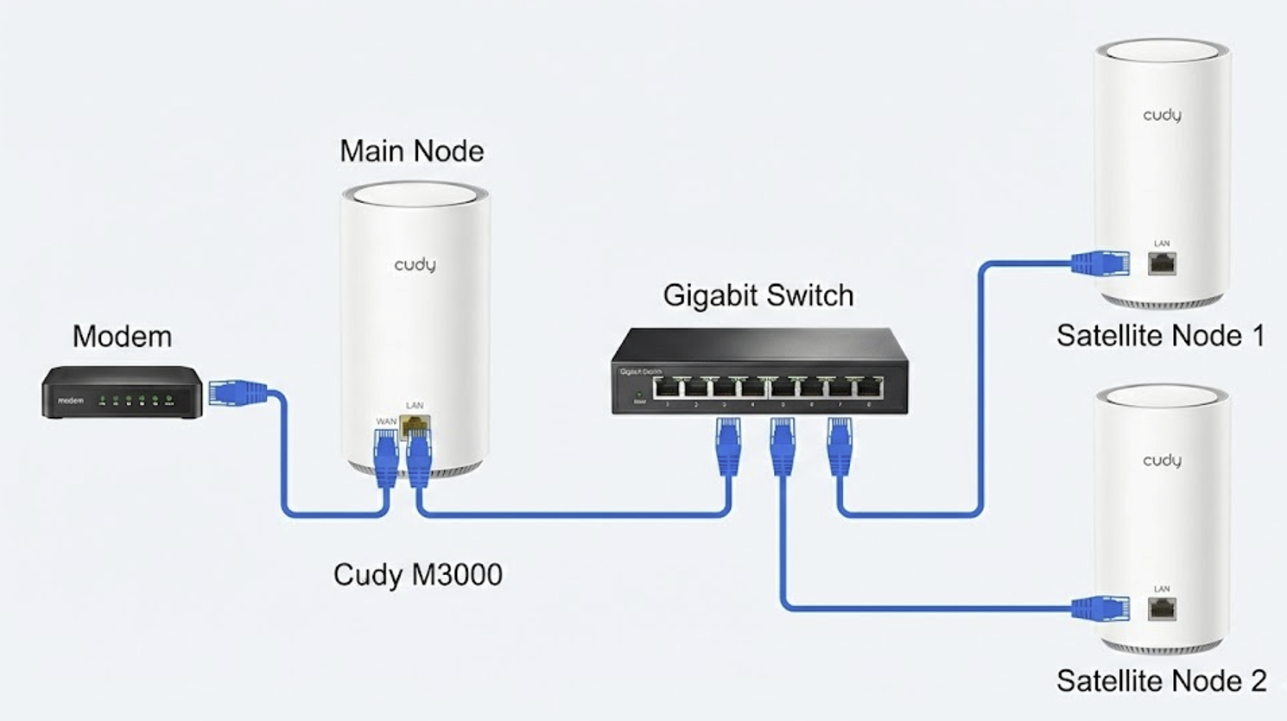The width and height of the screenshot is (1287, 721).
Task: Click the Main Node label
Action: coord(411,151)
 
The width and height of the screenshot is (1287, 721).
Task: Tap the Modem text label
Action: coord(122,336)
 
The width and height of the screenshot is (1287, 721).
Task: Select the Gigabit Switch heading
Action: coord(758,295)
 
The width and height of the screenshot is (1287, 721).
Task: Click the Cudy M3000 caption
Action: coord(417,574)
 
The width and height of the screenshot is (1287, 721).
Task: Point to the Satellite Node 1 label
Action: coord(1160,336)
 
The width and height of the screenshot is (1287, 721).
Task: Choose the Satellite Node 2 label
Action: coord(1161,681)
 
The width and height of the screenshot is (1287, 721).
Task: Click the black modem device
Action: coord(122,393)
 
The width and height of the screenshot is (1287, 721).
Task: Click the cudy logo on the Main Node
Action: coord(415,264)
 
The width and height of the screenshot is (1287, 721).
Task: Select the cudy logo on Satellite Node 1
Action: coord(1162,115)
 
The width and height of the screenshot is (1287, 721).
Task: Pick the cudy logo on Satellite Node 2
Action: coord(1162,460)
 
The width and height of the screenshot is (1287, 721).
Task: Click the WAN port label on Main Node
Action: coord(385,421)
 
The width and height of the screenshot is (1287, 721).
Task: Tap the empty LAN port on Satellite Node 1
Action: coord(1162,263)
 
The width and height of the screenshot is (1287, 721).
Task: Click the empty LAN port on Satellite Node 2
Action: coord(1162,609)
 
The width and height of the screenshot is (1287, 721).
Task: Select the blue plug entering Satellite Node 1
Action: coord(1100,262)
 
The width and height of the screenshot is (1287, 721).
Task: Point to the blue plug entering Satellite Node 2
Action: coord(1100,608)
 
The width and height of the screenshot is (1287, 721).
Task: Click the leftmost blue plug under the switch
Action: coord(728,445)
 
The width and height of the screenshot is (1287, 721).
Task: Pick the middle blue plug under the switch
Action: coord(783,445)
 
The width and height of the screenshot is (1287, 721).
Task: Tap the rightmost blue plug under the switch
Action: coord(840,445)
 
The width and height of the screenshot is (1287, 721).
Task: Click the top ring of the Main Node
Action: coord(415,193)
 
